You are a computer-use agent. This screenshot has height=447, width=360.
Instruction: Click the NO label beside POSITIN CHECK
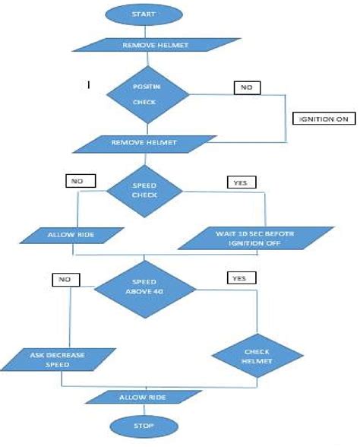(246, 87)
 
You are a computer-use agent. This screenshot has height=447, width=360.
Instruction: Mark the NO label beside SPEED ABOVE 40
(62, 281)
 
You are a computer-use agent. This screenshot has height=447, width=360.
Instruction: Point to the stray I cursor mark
(90, 85)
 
